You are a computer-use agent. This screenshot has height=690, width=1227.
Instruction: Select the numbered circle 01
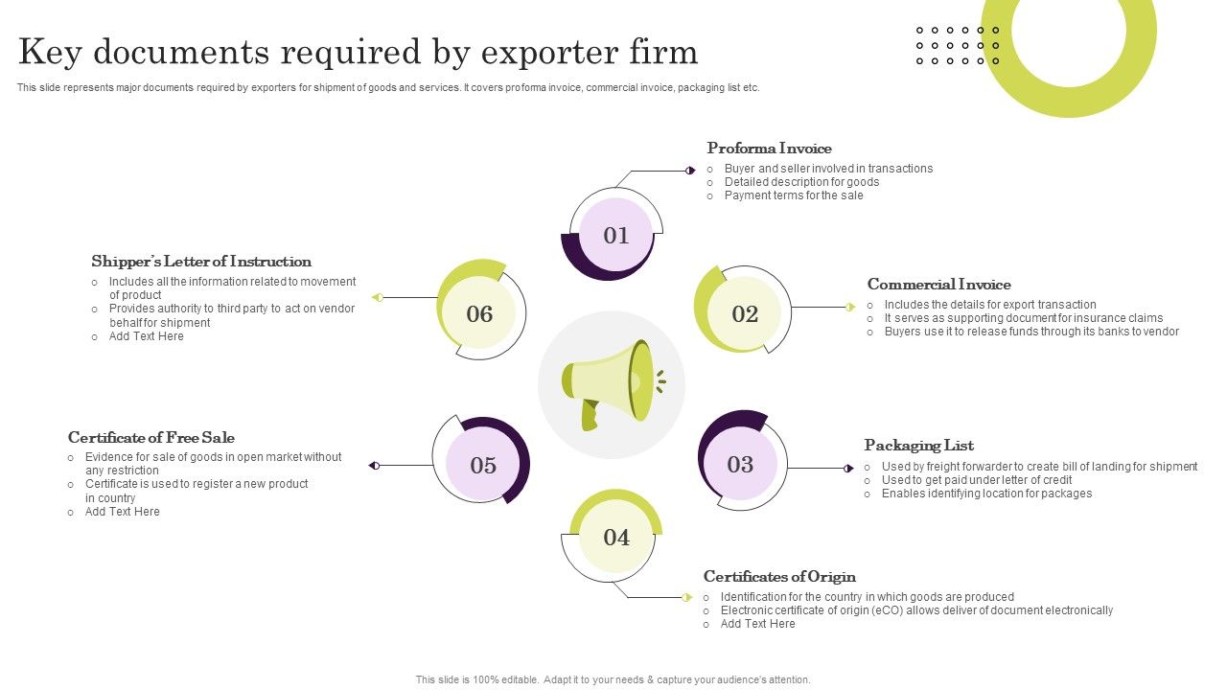pyautogui.click(x=615, y=236)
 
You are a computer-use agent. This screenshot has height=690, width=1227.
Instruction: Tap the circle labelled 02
pyautogui.click(x=744, y=313)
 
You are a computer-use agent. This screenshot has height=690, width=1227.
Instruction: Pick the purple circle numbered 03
pyautogui.click(x=740, y=465)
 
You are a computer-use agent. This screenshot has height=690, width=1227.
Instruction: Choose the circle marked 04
pyautogui.click(x=616, y=537)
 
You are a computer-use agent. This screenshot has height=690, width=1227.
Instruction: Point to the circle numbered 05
pyautogui.click(x=483, y=466)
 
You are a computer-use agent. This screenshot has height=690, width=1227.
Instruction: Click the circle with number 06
pyautogui.click(x=479, y=313)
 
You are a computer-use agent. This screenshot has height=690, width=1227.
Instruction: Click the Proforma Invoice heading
pyautogui.click(x=769, y=149)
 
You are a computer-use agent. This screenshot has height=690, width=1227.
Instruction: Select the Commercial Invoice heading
pyautogui.click(x=938, y=285)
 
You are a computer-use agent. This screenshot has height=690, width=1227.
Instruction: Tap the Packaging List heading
pyautogui.click(x=918, y=446)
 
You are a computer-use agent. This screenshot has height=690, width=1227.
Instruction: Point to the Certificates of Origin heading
pyautogui.click(x=779, y=577)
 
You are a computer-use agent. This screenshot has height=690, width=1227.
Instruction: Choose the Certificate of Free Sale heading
pyautogui.click(x=151, y=438)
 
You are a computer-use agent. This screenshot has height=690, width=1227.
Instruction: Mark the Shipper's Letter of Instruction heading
pyautogui.click(x=201, y=262)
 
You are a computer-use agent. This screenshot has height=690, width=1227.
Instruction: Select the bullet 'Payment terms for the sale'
pyautogui.click(x=794, y=195)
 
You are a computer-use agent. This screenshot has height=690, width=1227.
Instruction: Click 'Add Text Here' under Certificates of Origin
pyautogui.click(x=757, y=624)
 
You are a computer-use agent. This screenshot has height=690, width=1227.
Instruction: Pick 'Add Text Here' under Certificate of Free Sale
pyautogui.click(x=122, y=512)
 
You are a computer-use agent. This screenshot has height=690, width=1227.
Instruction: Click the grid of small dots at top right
pyautogui.click(x=958, y=46)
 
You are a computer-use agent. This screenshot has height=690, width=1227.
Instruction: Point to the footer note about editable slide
pyautogui.click(x=613, y=679)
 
